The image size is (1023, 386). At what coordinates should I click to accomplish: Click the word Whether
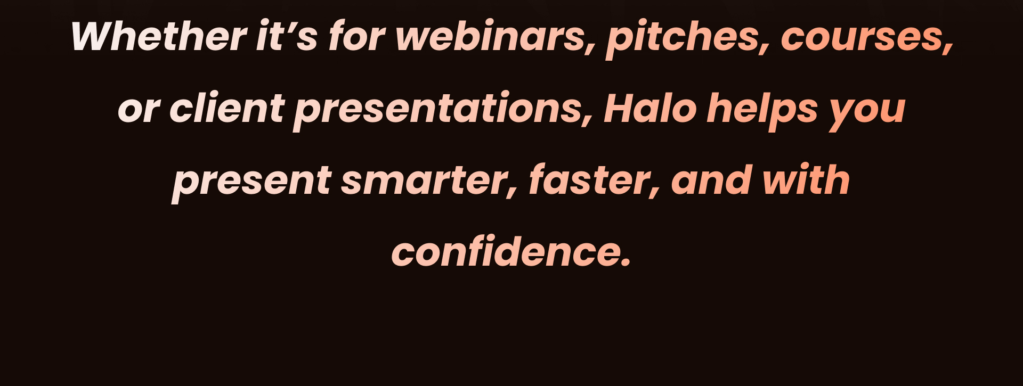(158, 36)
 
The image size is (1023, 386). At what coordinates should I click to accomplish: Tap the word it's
(287, 36)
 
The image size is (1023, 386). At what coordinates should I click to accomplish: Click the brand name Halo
(651, 108)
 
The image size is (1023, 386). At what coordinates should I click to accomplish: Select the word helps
(762, 111)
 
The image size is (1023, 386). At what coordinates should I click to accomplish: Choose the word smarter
(429, 181)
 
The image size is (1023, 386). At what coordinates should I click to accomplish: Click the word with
(806, 180)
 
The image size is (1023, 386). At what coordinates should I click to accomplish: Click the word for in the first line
(356, 36)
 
